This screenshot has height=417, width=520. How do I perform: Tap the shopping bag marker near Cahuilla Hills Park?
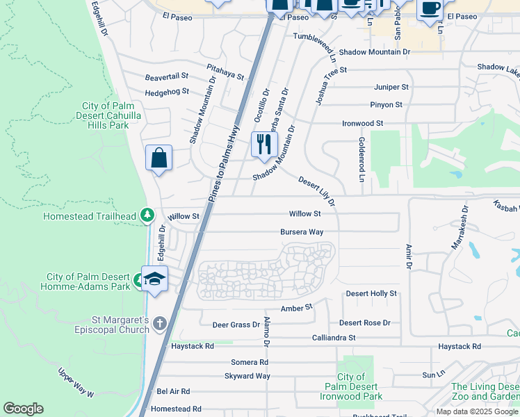point(159,158)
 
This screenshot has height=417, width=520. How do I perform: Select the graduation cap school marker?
point(155,279)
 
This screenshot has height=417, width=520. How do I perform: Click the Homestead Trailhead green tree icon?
point(147,215)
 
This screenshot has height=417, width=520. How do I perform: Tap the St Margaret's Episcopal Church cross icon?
point(160,324)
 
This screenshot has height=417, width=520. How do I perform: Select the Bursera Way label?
point(302,232)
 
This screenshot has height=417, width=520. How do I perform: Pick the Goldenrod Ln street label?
point(361,159)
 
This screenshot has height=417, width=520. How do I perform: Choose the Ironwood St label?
point(362,123)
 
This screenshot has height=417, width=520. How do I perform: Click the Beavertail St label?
point(167,78)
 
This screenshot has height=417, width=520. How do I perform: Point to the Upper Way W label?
point(76,383)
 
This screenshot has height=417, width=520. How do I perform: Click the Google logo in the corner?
point(23,409)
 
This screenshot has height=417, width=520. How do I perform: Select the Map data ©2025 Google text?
point(477,411)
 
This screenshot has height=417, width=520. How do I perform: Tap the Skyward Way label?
point(247,376)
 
